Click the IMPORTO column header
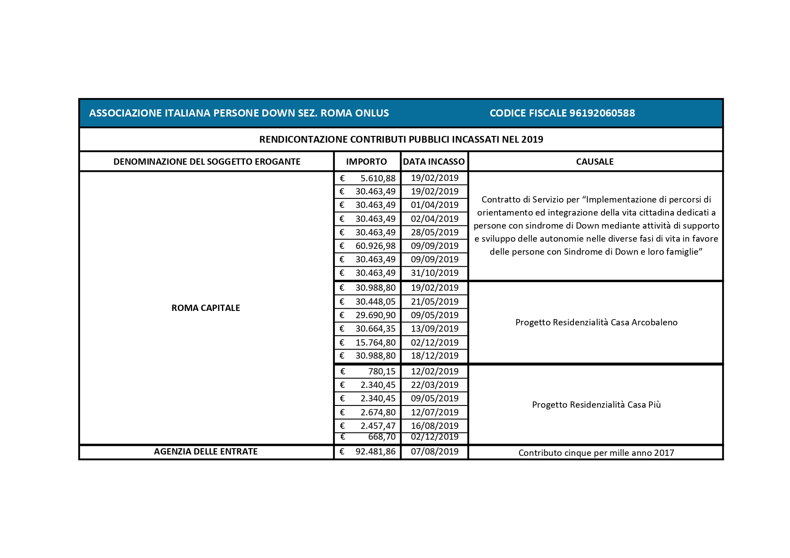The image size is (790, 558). pyautogui.click(x=366, y=162)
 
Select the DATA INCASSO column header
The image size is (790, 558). pyautogui.click(x=434, y=162)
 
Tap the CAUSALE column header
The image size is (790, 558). pyautogui.click(x=595, y=162)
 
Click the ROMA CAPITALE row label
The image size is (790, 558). pyautogui.click(x=206, y=308)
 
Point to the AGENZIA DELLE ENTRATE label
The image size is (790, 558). pyautogui.click(x=206, y=451)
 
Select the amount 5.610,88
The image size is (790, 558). pyautogui.click(x=378, y=178)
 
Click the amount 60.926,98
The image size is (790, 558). pyautogui.click(x=375, y=246)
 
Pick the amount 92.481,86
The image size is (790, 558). pyautogui.click(x=375, y=451)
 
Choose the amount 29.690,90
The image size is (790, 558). pyautogui.click(x=375, y=315)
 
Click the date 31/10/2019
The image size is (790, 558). pyautogui.click(x=434, y=273)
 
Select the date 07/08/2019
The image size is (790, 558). pyautogui.click(x=434, y=451)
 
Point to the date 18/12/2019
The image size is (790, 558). pyautogui.click(x=434, y=355)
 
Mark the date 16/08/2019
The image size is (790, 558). pyautogui.click(x=434, y=426)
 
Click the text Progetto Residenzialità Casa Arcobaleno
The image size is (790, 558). pyautogui.click(x=596, y=322)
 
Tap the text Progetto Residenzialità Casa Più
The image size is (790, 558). pyautogui.click(x=596, y=405)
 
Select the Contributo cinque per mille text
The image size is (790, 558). pyautogui.click(x=596, y=453)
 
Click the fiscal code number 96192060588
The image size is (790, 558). pyautogui.click(x=602, y=113)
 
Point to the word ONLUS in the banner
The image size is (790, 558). pyautogui.click(x=372, y=113)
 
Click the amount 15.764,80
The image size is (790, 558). pyautogui.click(x=375, y=342)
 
